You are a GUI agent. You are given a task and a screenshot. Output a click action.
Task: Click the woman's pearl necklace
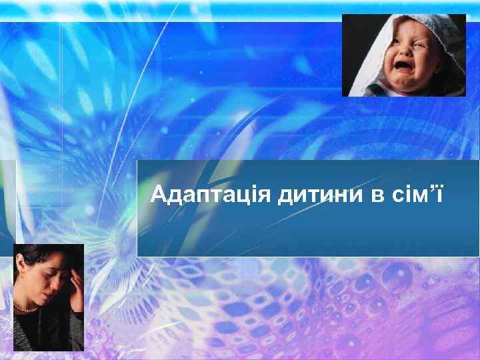(27, 308)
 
